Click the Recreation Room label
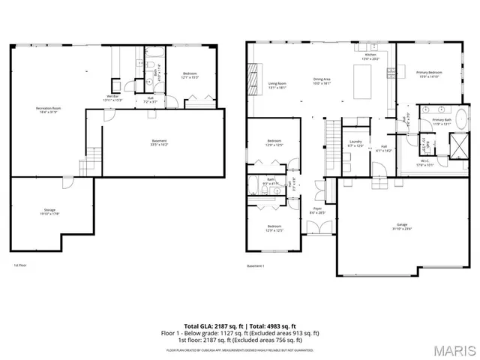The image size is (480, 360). (x=48, y=109)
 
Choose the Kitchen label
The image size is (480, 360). (x=370, y=56)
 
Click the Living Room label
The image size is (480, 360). (x=277, y=85)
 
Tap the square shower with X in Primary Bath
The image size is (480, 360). (x=457, y=142)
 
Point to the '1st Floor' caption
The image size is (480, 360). (x=20, y=265)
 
